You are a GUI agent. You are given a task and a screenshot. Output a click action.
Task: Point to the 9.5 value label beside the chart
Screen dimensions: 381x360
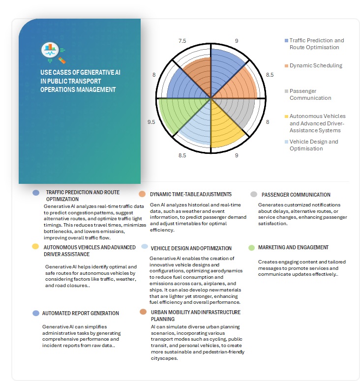[x=151, y=122]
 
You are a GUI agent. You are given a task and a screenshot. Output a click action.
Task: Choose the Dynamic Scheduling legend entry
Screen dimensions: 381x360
[x=316, y=65]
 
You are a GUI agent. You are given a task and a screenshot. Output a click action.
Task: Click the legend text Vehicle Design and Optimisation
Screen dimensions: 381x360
[x=314, y=145]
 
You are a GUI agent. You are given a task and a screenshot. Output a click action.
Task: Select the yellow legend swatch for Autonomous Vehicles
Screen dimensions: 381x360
[x=286, y=117]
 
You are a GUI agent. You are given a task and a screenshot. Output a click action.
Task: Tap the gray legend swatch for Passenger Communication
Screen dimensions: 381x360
[x=286, y=91]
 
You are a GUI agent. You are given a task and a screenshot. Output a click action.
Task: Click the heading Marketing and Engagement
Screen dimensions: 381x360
[x=293, y=247]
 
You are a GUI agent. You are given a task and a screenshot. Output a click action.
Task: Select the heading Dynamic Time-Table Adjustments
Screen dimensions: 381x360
[x=190, y=195]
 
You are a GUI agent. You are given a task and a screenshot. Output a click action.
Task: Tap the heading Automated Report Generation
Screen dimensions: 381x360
[x=81, y=313]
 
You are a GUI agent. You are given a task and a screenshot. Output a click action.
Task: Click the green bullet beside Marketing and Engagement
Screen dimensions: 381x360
[x=252, y=247]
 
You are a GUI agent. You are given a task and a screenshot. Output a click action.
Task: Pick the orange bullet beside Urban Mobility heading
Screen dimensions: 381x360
[x=143, y=312]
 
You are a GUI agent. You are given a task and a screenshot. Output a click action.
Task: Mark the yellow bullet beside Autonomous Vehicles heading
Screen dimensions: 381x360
[x=35, y=247]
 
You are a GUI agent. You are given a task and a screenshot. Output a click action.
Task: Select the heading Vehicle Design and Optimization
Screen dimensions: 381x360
[x=191, y=248]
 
